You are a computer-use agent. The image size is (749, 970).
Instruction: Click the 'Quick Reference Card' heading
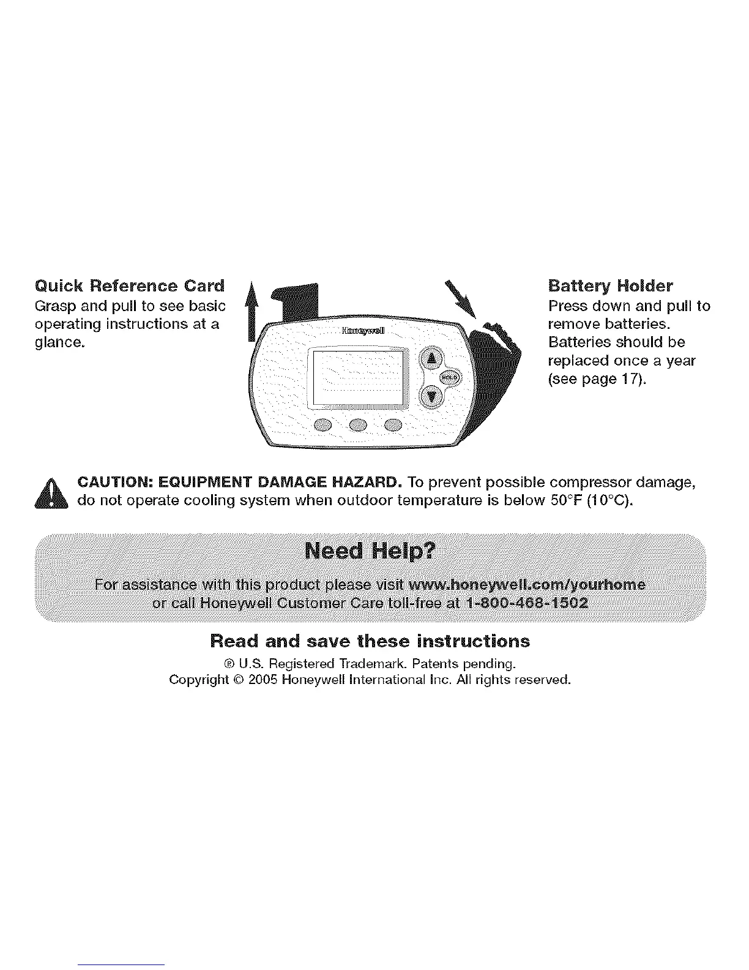(130, 286)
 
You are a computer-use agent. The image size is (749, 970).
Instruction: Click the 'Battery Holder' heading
(610, 286)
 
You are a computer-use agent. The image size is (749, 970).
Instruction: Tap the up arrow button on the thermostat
(432, 359)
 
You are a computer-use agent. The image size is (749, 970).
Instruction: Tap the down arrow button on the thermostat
(432, 396)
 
